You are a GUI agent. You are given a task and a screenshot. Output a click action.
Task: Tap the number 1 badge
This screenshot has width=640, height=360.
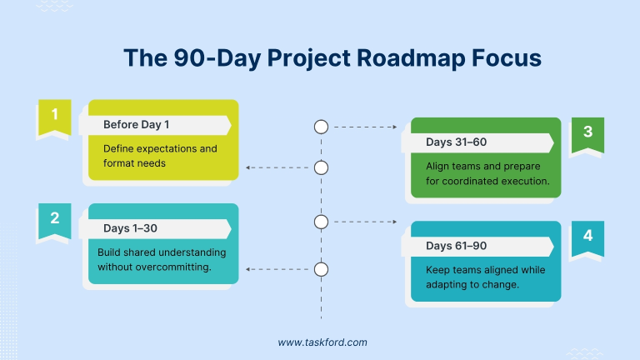coord(55,115)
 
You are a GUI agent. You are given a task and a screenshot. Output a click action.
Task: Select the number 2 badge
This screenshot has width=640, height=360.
coord(55,218)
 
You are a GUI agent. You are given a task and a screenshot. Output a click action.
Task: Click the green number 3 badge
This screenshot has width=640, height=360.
coord(587,132)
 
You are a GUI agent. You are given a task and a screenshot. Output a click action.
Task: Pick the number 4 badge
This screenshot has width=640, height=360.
coord(587,236)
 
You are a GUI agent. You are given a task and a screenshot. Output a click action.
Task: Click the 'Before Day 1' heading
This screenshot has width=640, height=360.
coord(137,125)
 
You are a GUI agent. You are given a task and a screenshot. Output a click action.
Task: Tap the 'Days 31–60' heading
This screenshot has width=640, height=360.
coord(456,142)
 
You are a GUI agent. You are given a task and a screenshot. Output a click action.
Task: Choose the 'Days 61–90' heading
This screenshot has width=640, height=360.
coord(456,246)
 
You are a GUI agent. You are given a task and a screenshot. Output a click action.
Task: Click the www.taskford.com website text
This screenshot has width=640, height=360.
coord(322,342)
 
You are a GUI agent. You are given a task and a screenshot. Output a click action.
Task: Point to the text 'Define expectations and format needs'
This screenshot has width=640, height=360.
coord(160,156)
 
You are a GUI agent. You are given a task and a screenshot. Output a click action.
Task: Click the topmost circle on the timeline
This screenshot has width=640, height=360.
coord(321,127)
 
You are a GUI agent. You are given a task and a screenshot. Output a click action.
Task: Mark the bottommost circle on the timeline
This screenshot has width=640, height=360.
coord(321,268)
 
